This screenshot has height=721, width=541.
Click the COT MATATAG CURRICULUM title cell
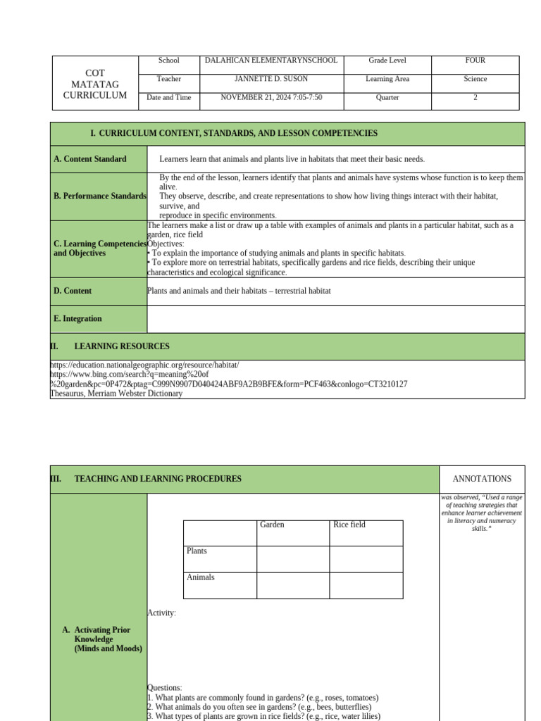(x=95, y=84)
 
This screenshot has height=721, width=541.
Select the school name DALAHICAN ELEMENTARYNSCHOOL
(x=271, y=61)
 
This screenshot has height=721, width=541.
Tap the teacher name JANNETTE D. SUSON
(x=271, y=79)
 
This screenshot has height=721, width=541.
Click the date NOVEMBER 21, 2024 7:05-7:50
(x=271, y=97)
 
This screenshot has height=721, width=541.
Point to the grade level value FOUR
(x=475, y=61)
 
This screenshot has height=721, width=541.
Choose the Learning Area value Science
(x=475, y=79)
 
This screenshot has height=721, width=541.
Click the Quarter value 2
(x=475, y=97)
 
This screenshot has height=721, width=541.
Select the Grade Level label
(x=387, y=61)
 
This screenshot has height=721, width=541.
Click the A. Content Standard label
(x=90, y=159)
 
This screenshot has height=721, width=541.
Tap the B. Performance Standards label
(x=99, y=196)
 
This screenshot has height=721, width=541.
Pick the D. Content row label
(x=73, y=291)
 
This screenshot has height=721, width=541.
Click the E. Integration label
(x=77, y=319)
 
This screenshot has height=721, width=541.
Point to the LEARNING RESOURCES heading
(x=121, y=346)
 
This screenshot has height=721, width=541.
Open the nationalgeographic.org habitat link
(x=144, y=365)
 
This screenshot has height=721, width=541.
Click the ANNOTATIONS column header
(x=482, y=479)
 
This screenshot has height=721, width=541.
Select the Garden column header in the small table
(x=273, y=525)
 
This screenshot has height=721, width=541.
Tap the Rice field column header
(x=349, y=525)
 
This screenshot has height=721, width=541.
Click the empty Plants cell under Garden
(x=293, y=559)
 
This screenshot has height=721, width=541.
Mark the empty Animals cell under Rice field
(x=366, y=585)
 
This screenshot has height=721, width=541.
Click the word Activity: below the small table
(x=161, y=613)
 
